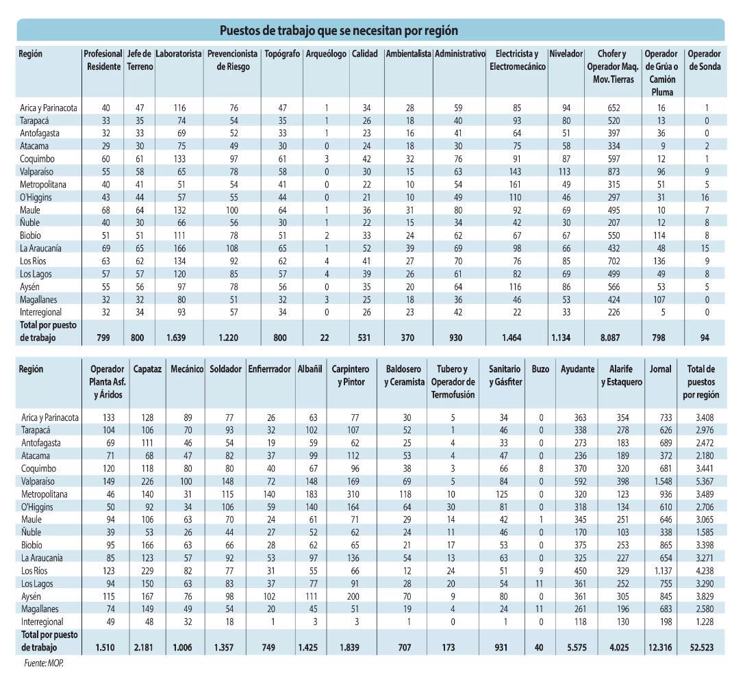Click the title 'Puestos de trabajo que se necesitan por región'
[338, 31]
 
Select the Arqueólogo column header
[326, 54]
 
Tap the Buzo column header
[540, 369]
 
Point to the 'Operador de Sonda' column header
[705, 60]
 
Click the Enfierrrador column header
[269, 369]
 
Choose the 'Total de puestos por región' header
[700, 382]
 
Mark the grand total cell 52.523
[701, 647]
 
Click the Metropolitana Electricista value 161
[517, 184]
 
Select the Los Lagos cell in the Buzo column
[540, 583]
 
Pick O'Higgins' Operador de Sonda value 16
[705, 196]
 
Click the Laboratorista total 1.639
[179, 337]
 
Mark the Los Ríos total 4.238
[701, 570]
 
